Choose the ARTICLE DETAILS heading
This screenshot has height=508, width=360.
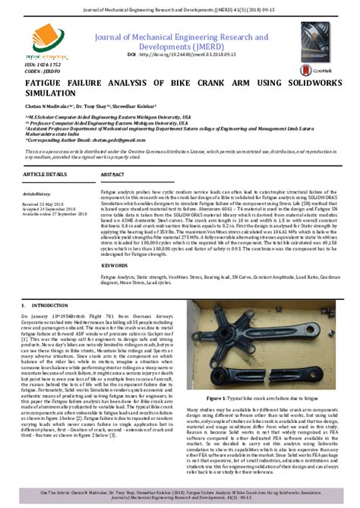45,175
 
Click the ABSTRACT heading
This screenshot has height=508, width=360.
113,175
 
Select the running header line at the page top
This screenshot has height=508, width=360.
180,7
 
